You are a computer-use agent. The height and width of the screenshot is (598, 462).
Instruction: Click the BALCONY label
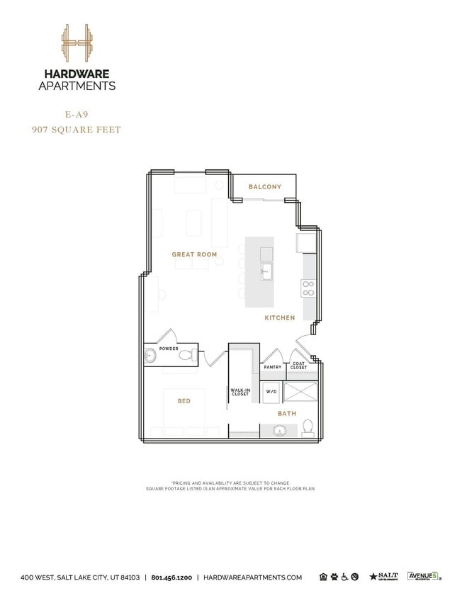point(264,187)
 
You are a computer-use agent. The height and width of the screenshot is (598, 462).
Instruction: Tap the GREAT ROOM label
point(194,254)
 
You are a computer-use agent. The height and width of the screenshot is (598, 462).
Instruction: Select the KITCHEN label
point(280,318)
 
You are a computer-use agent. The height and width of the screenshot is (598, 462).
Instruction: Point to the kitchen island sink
point(266,271)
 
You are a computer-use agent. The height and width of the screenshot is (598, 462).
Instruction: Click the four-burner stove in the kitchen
point(309,288)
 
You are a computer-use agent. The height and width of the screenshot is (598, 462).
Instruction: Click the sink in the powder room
point(150,356)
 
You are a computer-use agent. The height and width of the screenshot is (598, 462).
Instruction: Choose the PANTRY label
point(273,367)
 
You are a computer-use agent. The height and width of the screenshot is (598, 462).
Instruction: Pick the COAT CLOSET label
point(298,366)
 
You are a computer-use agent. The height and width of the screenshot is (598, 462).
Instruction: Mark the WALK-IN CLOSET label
point(240,392)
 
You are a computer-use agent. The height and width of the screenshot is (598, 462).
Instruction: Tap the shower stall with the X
point(300,391)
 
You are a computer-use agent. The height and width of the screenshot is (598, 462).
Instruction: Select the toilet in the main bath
point(308,427)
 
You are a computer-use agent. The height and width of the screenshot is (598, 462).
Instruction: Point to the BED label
point(184,402)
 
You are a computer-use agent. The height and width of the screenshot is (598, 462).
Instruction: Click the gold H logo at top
point(77,43)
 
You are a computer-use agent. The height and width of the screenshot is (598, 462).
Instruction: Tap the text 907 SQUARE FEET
point(77,130)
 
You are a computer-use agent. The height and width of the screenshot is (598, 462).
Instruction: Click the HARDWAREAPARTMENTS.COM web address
point(252,577)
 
